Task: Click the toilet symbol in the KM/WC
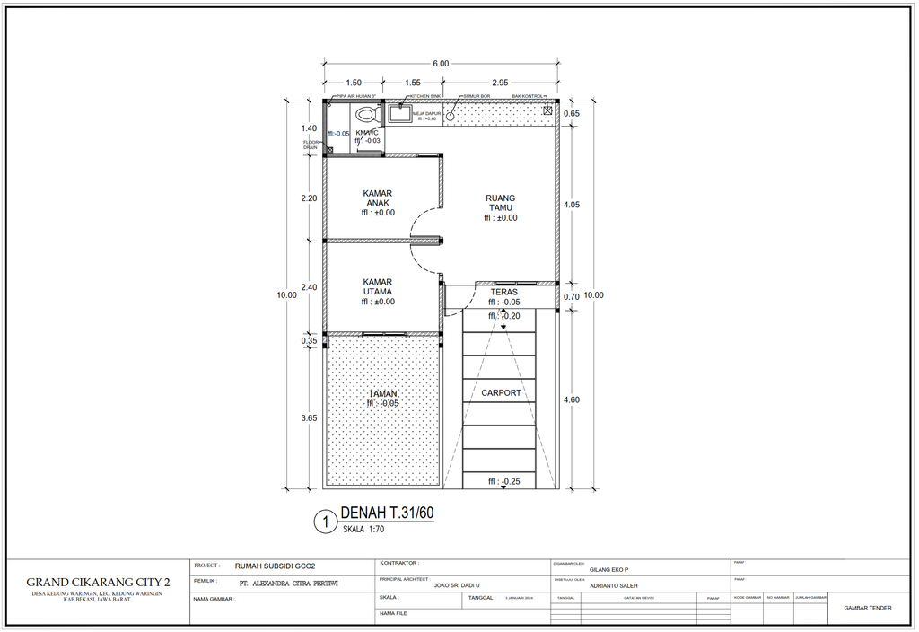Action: point(365,116)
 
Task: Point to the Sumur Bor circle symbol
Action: point(451,115)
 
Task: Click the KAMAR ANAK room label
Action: point(378,197)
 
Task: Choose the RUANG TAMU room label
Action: point(500,203)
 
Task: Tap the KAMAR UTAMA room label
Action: point(378,286)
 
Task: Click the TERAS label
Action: point(503,292)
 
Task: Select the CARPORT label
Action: point(501,392)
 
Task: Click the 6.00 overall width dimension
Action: point(441,64)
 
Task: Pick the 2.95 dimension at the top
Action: point(500,83)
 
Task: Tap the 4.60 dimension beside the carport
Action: point(571,399)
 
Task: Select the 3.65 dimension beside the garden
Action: point(309,417)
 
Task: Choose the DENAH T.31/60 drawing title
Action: point(387,513)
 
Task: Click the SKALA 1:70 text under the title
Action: point(363,531)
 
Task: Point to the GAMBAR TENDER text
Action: point(868,608)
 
